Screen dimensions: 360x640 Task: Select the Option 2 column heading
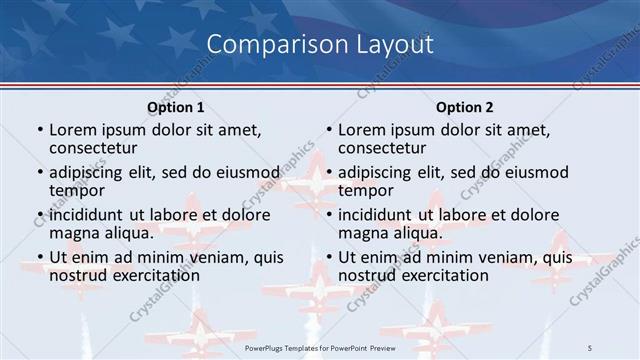(464, 107)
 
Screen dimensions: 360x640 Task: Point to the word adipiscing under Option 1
(91, 172)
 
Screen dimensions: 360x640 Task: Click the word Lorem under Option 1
(72, 129)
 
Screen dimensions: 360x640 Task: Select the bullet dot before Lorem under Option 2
(329, 130)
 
